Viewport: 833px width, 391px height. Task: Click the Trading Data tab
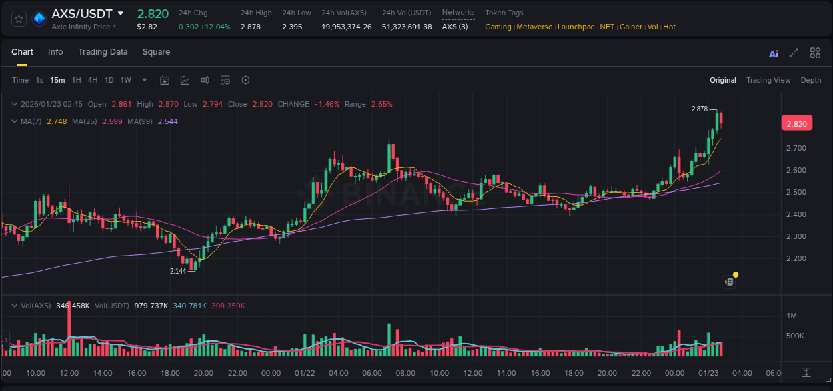point(103,52)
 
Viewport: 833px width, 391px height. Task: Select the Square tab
point(156,52)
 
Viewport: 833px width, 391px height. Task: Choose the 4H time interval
point(93,80)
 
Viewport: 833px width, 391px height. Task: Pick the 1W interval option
point(125,80)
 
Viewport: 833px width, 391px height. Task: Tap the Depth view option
point(810,80)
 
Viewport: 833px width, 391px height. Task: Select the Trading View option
point(768,80)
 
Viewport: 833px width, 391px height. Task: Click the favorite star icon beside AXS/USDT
point(19,19)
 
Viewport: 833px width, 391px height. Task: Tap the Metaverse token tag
point(534,27)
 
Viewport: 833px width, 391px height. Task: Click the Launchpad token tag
point(576,27)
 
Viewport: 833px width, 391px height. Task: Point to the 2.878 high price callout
point(699,109)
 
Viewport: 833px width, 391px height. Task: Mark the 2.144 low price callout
point(178,271)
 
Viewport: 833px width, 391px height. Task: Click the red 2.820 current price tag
point(796,123)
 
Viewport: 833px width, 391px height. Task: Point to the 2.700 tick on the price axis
point(796,148)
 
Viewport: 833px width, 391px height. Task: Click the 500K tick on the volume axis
point(795,336)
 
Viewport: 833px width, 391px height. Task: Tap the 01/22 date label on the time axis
point(305,373)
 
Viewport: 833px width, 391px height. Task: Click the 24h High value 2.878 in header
point(250,27)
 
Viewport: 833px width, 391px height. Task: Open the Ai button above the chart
point(774,54)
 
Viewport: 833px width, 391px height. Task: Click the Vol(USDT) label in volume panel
point(111,306)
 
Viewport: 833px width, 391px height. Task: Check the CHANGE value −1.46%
point(327,104)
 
